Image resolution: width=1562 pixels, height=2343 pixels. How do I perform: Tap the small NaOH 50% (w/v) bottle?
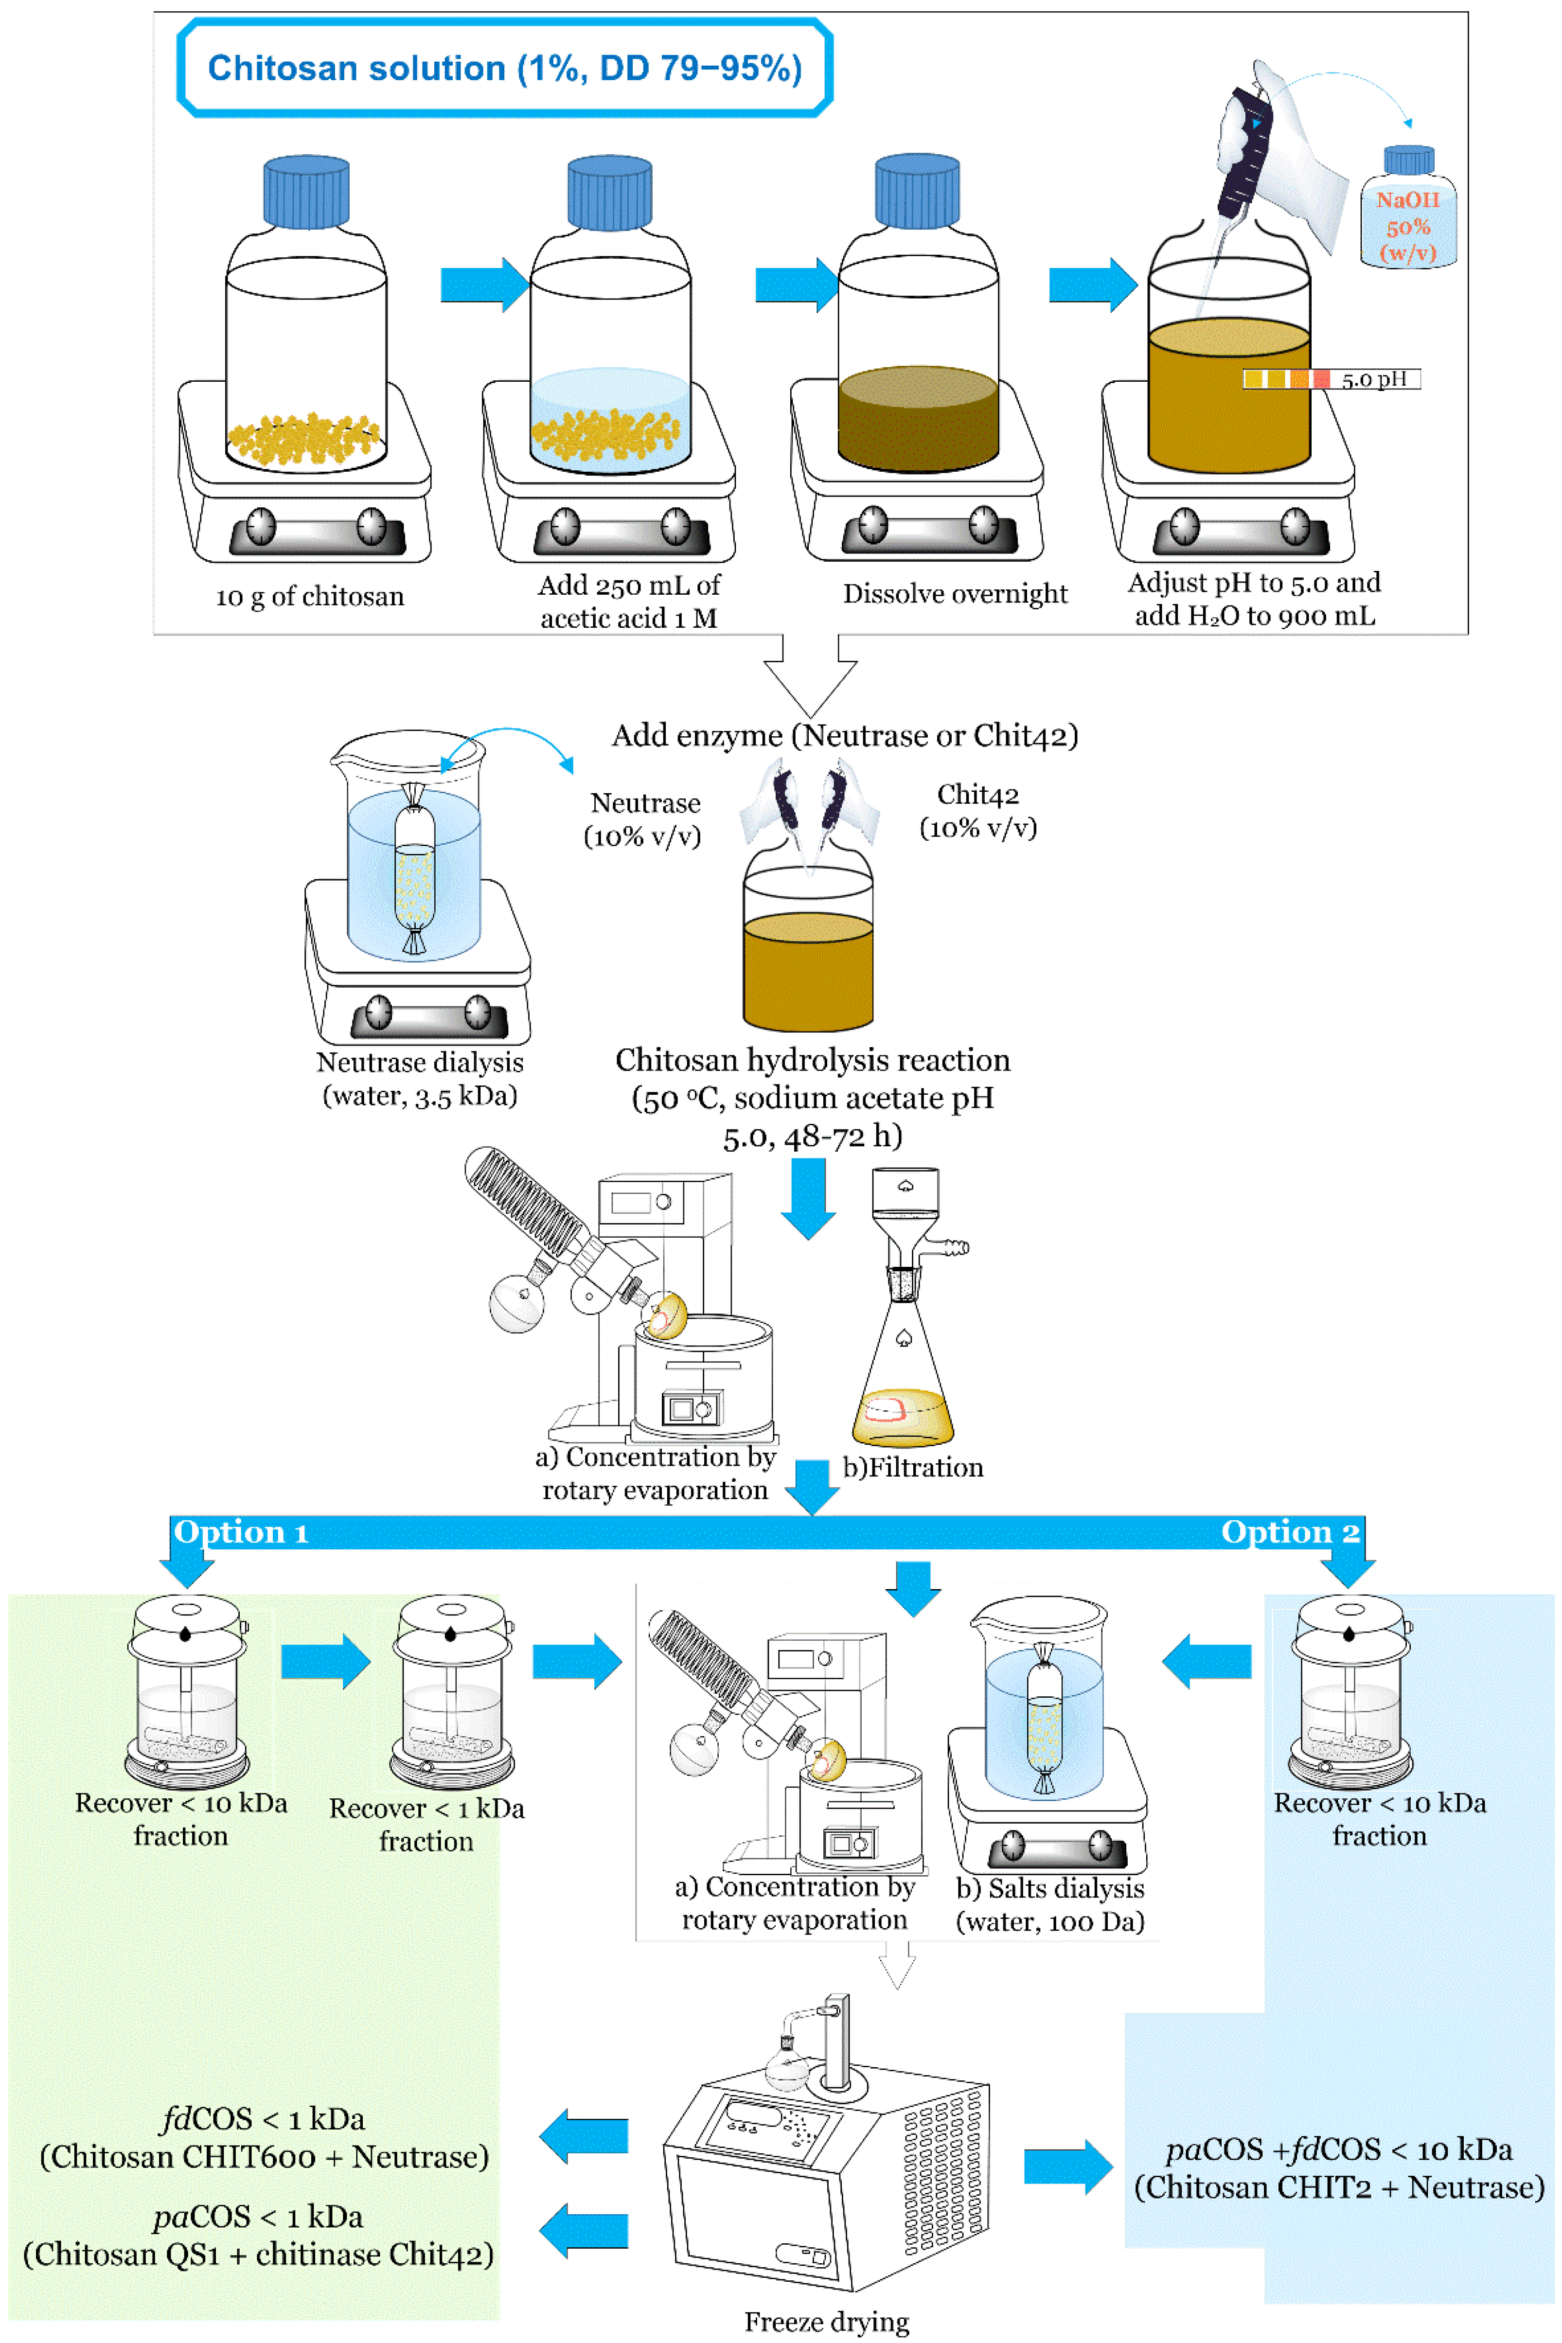click(x=1407, y=211)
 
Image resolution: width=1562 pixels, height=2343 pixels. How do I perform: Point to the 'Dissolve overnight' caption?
click(x=954, y=594)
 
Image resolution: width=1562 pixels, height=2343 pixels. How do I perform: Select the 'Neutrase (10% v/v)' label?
click(x=643, y=819)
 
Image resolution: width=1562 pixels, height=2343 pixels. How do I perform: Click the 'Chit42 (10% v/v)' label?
click(x=977, y=811)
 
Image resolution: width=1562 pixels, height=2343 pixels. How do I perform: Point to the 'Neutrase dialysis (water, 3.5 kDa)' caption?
click(x=419, y=1079)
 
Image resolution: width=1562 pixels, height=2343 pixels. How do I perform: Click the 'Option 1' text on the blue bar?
click(x=241, y=1532)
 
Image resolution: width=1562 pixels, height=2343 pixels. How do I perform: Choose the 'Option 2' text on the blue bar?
click(x=1289, y=1532)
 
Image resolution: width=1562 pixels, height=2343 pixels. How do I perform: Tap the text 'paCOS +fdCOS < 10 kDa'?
click(x=1338, y=2150)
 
